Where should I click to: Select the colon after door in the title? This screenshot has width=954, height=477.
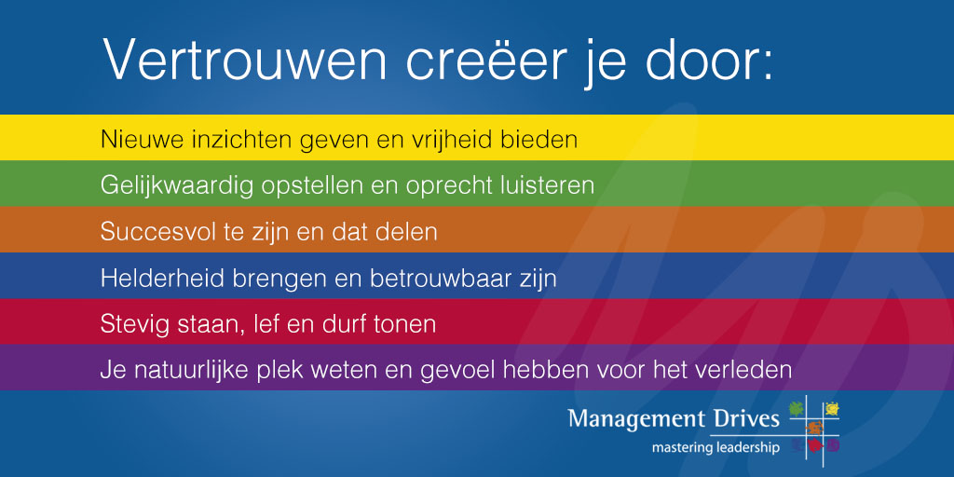pos(767,67)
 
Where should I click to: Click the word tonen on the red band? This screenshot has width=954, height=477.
pos(406,324)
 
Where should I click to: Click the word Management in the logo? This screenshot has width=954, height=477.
pos(634,420)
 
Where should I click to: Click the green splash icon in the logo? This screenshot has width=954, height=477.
pos(796,408)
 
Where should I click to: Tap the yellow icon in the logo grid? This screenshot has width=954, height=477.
pos(831,408)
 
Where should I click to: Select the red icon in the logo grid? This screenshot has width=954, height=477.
pos(813,446)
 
